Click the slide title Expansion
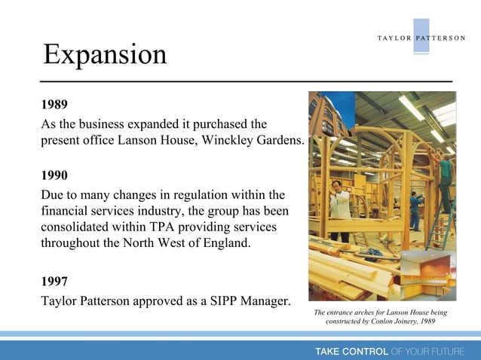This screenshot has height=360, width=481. [105, 55]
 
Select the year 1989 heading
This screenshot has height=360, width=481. [54, 104]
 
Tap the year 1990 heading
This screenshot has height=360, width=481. [54, 176]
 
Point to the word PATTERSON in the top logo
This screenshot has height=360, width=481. [440, 38]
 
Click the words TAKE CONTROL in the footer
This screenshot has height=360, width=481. [351, 351]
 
